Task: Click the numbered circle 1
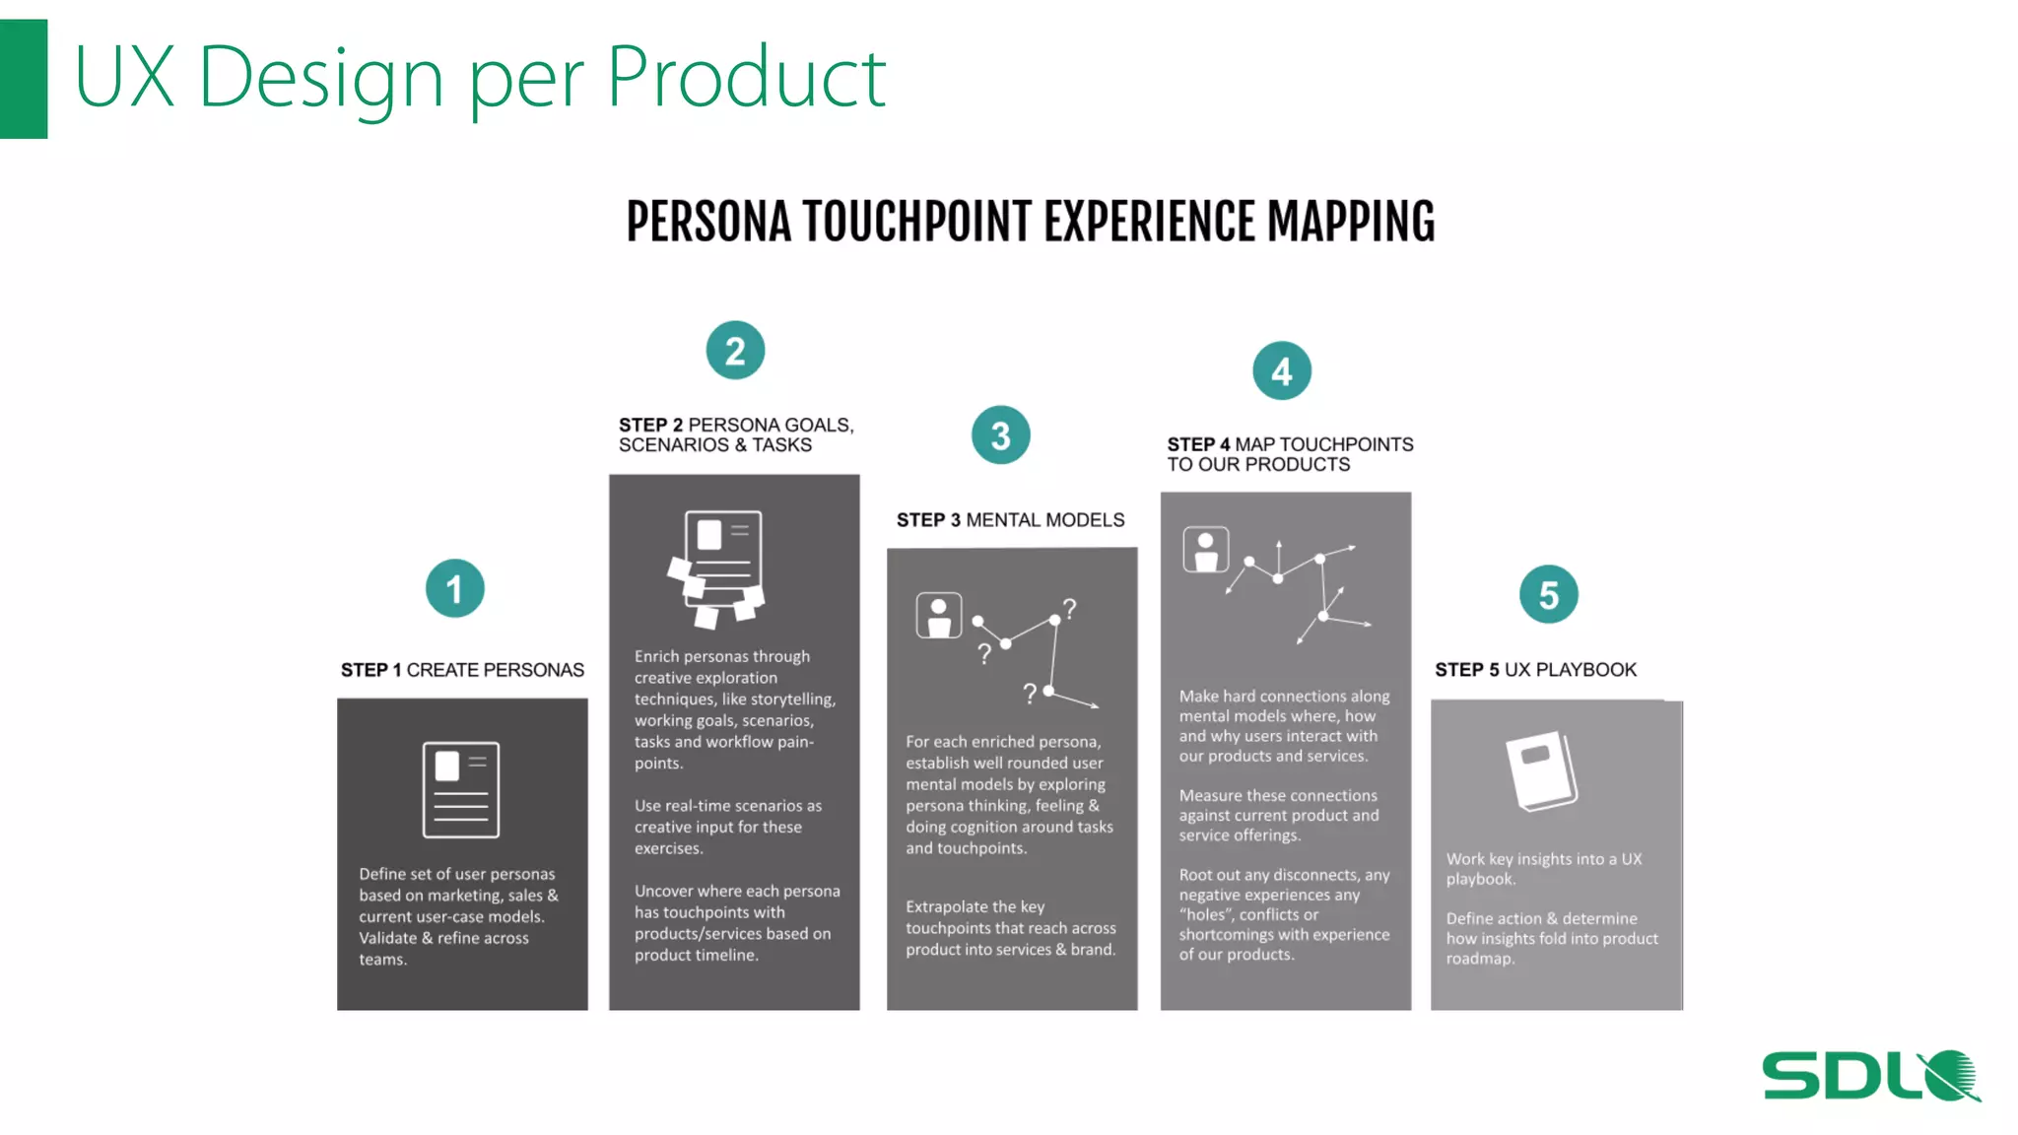pos(454,589)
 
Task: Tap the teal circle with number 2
pos(735,351)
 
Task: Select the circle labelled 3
pos(1000,435)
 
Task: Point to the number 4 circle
pos(1281,371)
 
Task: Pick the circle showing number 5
pos(1548,595)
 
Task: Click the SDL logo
pos(1870,1075)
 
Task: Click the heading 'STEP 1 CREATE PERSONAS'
pos(462,670)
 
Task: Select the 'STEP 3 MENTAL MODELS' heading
pos(1010,520)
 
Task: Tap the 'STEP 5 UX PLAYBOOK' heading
pos(1535,670)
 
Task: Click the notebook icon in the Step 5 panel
pos(1541,770)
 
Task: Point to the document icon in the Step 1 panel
pos(461,789)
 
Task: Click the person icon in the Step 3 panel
pos(938,616)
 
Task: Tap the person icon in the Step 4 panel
pos(1205,550)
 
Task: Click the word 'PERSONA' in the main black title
pos(708,222)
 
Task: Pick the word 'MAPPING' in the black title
pos(1351,222)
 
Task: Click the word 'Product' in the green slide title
pos(746,77)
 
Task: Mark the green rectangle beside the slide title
pos(24,79)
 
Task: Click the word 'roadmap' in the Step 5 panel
pos(1478,959)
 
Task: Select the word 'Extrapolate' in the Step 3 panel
pos(946,906)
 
